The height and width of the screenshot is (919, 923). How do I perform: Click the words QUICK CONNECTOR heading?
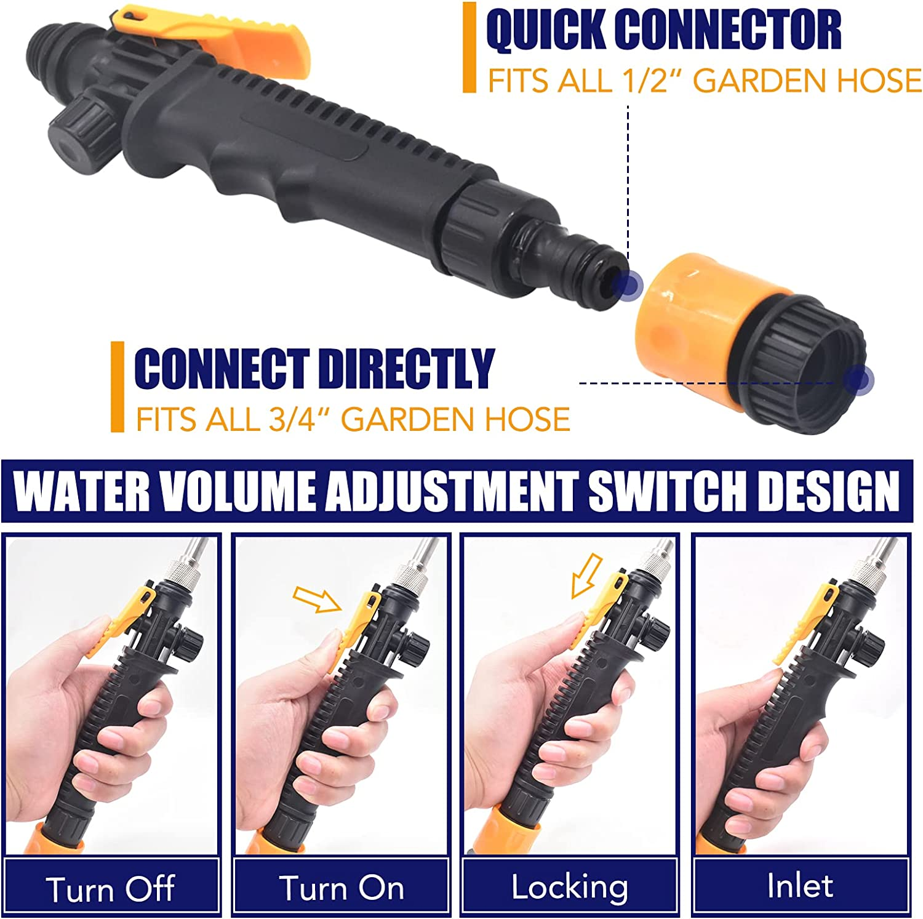coord(663,30)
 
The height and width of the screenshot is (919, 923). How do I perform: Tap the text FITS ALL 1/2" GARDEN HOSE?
coord(704,81)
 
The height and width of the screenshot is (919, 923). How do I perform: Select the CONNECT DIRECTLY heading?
coord(314,368)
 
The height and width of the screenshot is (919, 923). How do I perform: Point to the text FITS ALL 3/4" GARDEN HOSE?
coord(353,420)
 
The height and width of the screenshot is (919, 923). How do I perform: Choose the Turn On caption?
coord(342,888)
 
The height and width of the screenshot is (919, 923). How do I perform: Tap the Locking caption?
coord(570,887)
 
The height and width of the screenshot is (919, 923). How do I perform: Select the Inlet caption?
coord(799,886)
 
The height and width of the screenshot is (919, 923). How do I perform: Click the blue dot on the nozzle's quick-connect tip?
coord(629,284)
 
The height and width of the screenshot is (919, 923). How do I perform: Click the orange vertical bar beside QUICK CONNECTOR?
coord(469,47)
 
